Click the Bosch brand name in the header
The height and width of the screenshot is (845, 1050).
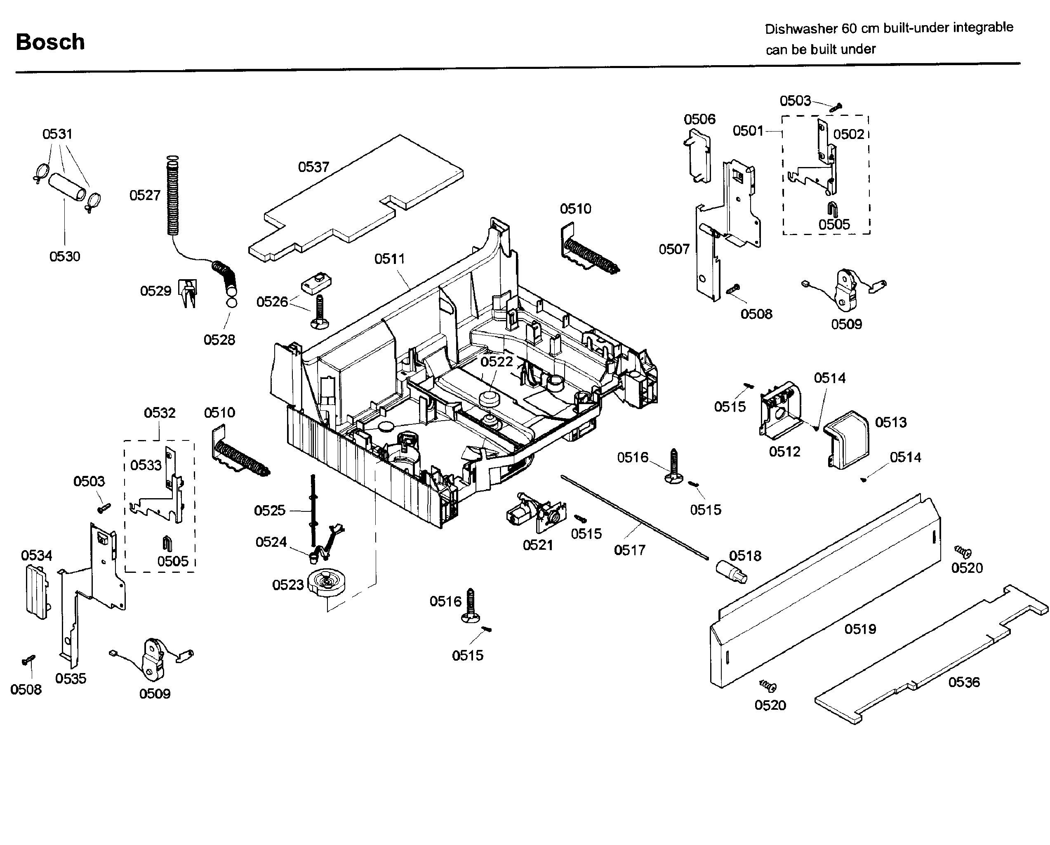point(50,42)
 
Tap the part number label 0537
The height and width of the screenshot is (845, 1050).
point(313,167)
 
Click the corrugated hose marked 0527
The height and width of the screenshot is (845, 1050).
point(172,200)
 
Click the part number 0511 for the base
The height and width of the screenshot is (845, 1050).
point(389,259)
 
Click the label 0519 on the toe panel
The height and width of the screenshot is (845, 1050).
point(860,629)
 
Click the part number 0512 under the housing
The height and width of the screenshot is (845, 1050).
point(784,452)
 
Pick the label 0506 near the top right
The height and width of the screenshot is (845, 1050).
point(699,119)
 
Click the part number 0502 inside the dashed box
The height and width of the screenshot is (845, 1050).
point(848,134)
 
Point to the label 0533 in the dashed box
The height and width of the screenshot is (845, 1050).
point(146,465)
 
